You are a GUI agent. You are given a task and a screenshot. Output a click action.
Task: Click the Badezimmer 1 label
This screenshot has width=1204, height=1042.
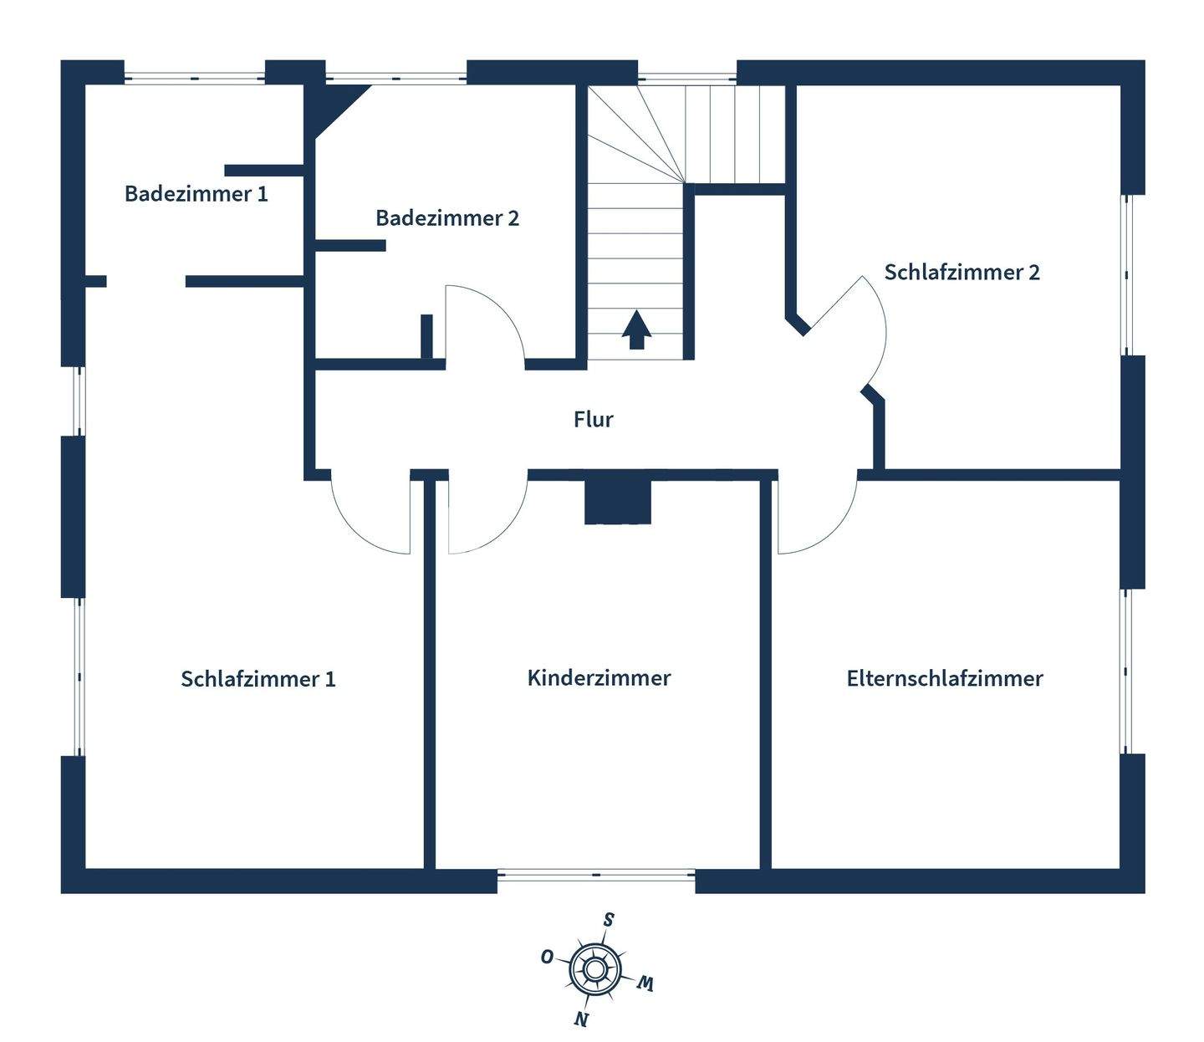pyautogui.click(x=196, y=194)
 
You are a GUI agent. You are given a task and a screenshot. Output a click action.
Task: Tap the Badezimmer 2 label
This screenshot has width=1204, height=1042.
pyautogui.click(x=447, y=218)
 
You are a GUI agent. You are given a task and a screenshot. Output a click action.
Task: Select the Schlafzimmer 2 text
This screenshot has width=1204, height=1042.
pyautogui.click(x=962, y=273)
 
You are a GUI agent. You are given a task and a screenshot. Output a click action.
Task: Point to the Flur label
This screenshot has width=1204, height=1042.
pyautogui.click(x=594, y=419)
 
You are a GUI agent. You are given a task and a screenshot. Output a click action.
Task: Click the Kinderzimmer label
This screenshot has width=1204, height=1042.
pyautogui.click(x=599, y=677)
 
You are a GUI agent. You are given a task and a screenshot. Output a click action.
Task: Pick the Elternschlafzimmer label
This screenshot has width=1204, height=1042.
pyautogui.click(x=945, y=678)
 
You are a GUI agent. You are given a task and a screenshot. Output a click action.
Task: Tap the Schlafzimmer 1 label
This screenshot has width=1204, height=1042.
pyautogui.click(x=258, y=678)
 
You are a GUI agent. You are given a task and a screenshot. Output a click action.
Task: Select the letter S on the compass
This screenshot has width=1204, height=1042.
pyautogui.click(x=609, y=921)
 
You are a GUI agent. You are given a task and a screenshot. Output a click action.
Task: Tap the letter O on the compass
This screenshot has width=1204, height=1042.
pyautogui.click(x=548, y=957)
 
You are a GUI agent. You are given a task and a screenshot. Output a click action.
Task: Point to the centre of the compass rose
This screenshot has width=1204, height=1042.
pyautogui.click(x=594, y=968)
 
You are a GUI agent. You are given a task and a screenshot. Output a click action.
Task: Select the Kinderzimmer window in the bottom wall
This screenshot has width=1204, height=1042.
pyautogui.click(x=596, y=876)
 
